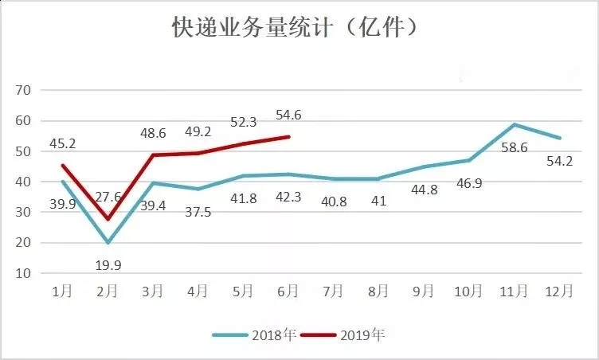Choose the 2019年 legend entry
(x=355, y=335)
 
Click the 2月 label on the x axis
(x=108, y=292)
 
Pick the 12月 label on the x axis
(x=560, y=292)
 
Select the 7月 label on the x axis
(x=333, y=292)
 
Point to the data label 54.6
(x=288, y=116)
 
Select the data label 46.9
(x=468, y=183)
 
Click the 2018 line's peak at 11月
(x=515, y=124)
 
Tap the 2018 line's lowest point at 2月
(x=108, y=242)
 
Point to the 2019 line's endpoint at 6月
(x=288, y=136)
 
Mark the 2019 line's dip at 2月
(x=108, y=219)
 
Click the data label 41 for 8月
(x=378, y=201)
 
